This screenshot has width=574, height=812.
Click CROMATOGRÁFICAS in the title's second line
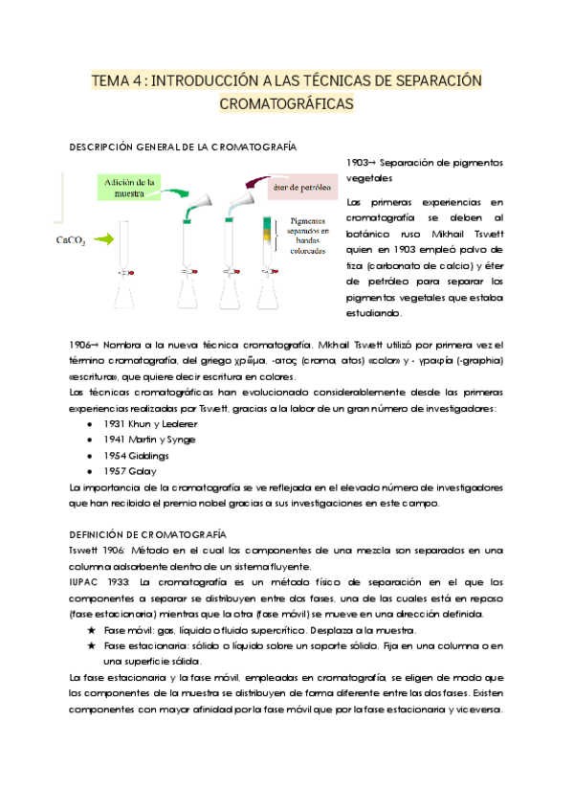(x=286, y=101)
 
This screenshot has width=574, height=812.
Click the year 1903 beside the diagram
(x=358, y=163)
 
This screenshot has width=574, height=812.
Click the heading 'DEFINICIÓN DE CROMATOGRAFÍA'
(x=147, y=534)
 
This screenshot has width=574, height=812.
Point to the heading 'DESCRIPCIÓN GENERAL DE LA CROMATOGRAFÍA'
(x=183, y=147)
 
